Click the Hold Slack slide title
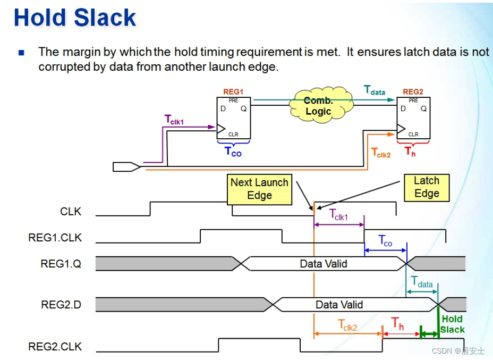click(x=75, y=18)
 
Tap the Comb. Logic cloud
click(x=319, y=107)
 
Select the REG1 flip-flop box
click(x=233, y=119)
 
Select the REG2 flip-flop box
click(x=413, y=119)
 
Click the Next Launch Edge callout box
click(x=259, y=189)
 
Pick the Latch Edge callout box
click(x=427, y=187)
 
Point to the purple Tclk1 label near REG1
click(x=174, y=120)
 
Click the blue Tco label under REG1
click(x=233, y=152)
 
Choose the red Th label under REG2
click(x=410, y=152)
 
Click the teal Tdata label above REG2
click(x=375, y=90)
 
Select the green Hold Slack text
click(x=452, y=324)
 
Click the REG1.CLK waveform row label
click(x=55, y=238)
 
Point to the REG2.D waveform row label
click(x=61, y=305)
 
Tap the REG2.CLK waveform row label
click(x=55, y=347)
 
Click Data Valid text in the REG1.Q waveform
click(x=324, y=263)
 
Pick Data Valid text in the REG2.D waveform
click(x=339, y=305)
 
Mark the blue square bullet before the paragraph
click(x=21, y=53)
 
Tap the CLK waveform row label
click(x=71, y=212)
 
